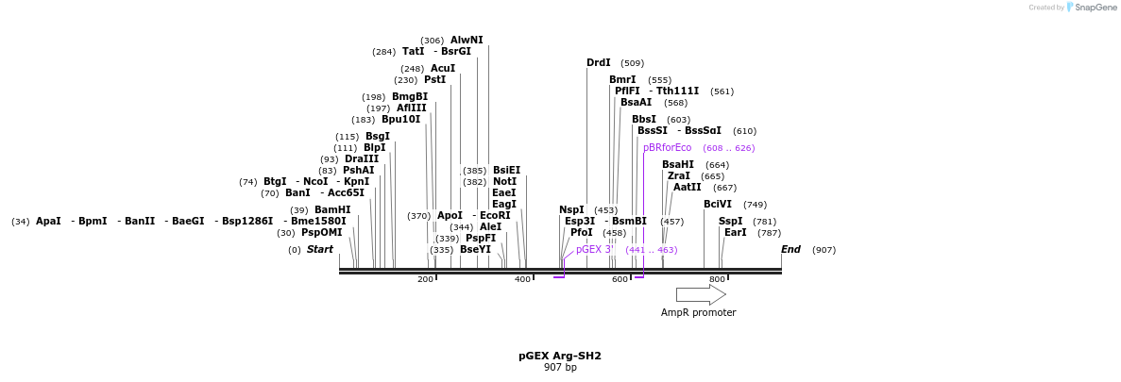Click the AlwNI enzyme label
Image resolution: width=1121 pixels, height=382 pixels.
(467, 41)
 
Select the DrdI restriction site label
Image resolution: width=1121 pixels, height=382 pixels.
(599, 63)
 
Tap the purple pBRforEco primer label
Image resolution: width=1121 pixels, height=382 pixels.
(667, 148)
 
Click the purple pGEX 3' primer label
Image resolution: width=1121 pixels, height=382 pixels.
(595, 250)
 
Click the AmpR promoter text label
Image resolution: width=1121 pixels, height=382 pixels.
(698, 312)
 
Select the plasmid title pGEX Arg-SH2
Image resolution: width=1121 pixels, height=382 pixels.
(560, 357)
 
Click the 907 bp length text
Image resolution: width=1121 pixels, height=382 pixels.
(560, 368)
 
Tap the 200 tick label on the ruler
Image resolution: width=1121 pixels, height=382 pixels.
(425, 280)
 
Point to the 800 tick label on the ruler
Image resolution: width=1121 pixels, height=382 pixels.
(717, 280)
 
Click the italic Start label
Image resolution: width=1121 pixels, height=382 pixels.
(320, 250)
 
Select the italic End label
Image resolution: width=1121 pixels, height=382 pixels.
(790, 250)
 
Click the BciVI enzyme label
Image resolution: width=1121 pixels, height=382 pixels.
(718, 205)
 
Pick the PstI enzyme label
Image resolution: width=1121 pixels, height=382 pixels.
(434, 80)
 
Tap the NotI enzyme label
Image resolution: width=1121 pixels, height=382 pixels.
(505, 182)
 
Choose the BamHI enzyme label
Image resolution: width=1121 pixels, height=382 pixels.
(332, 210)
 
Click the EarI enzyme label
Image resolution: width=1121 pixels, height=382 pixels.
(735, 233)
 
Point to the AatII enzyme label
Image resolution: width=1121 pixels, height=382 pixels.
(687, 188)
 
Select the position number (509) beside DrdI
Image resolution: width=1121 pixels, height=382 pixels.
(632, 63)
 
